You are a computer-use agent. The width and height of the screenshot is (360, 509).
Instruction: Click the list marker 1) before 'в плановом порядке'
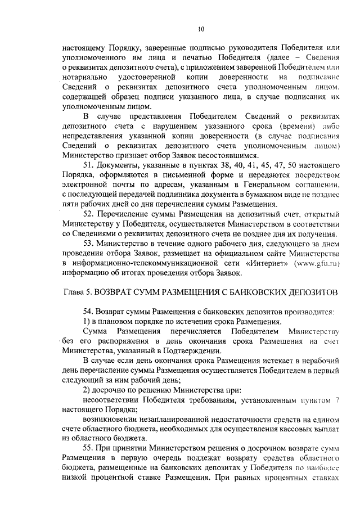[x=87, y=321]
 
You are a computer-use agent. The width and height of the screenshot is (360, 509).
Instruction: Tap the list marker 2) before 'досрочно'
[x=87, y=390]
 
